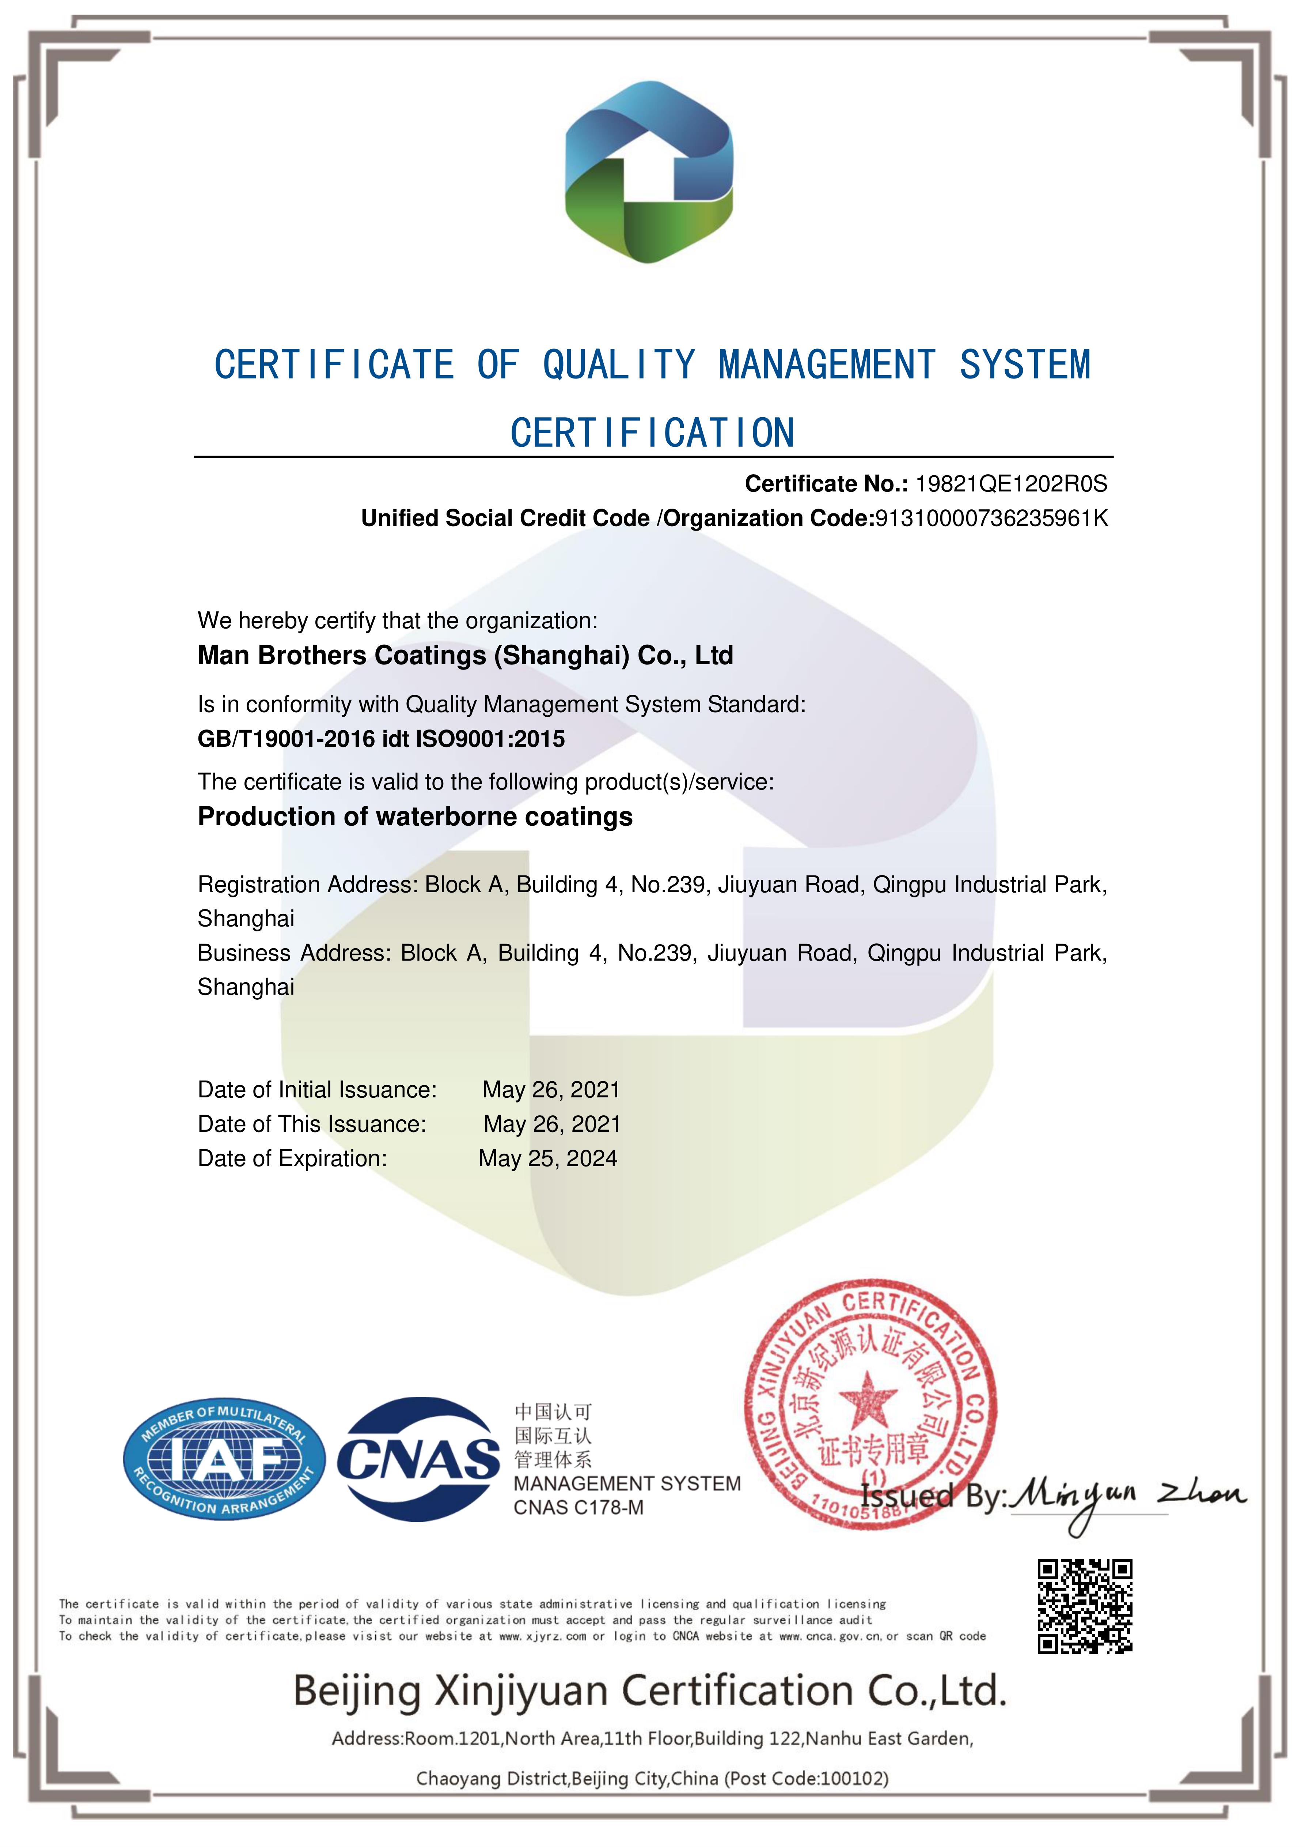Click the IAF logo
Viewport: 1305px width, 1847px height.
click(224, 1458)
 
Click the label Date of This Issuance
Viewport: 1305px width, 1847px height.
click(312, 1124)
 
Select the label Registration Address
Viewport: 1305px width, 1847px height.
click(307, 885)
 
